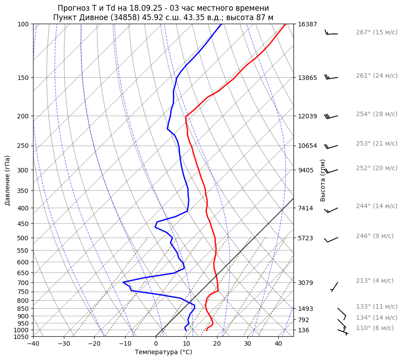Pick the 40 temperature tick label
(278, 344)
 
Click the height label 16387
(307, 24)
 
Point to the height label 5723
(306, 238)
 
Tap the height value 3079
(306, 283)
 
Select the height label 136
(304, 330)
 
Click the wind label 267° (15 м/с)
(377, 32)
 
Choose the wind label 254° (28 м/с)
(377, 114)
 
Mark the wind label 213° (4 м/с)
(375, 280)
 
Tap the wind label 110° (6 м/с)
(375, 328)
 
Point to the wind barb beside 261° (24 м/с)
(331, 77)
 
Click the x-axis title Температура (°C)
(163, 352)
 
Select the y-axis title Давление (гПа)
(8, 180)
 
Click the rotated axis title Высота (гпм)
(323, 180)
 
